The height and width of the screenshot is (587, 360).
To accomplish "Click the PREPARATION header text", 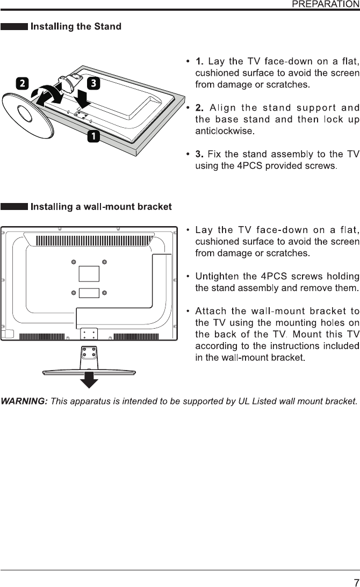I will point(325,4).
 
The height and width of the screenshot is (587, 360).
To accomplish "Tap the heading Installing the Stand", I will point(76,26).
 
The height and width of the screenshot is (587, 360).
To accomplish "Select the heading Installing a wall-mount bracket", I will point(102,207).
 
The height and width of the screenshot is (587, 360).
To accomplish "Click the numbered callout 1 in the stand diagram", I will point(93,137).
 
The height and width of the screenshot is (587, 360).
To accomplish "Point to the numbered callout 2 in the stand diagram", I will point(22,84).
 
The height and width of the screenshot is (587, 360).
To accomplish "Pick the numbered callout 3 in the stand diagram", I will point(93,83).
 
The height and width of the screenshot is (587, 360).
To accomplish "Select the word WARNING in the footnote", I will point(24,402).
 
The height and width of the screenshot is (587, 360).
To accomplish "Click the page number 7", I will point(356,568).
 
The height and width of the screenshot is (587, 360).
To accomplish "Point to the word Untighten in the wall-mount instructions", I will point(218,277).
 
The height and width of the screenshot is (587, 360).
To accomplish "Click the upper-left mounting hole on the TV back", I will point(74,262).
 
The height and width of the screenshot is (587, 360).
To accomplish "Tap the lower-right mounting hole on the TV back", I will point(105,293).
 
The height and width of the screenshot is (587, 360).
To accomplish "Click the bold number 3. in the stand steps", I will point(199,155).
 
